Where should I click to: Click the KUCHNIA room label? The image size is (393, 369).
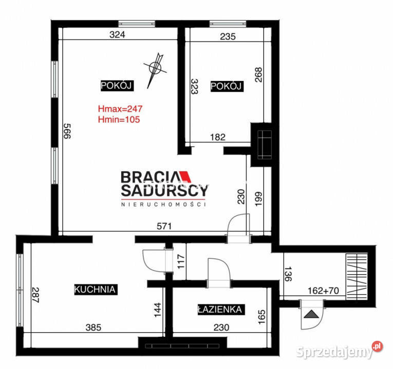[x=96, y=289]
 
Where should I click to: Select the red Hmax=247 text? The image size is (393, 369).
[x=120, y=109]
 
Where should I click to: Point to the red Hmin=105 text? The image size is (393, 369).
[x=119, y=119]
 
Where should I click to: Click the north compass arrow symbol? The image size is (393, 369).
[x=155, y=70]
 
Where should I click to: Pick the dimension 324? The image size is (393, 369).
[x=117, y=34]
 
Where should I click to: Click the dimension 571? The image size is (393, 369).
[x=164, y=226]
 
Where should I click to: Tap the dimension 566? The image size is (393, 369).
[x=67, y=131]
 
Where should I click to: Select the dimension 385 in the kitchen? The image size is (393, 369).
[x=93, y=327]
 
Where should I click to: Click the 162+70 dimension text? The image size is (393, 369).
[x=323, y=291]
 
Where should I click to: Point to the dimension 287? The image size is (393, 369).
[x=35, y=295]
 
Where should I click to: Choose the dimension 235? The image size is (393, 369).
[x=228, y=36]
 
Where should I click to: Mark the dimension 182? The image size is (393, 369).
[x=218, y=137]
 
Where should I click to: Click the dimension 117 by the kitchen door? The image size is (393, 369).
[x=181, y=261]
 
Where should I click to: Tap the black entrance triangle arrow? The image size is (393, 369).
[x=311, y=314]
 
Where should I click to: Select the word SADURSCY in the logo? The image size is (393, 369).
[x=164, y=191]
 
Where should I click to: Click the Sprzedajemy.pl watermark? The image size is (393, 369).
[x=340, y=350]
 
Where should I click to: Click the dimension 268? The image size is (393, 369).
[x=258, y=74]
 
